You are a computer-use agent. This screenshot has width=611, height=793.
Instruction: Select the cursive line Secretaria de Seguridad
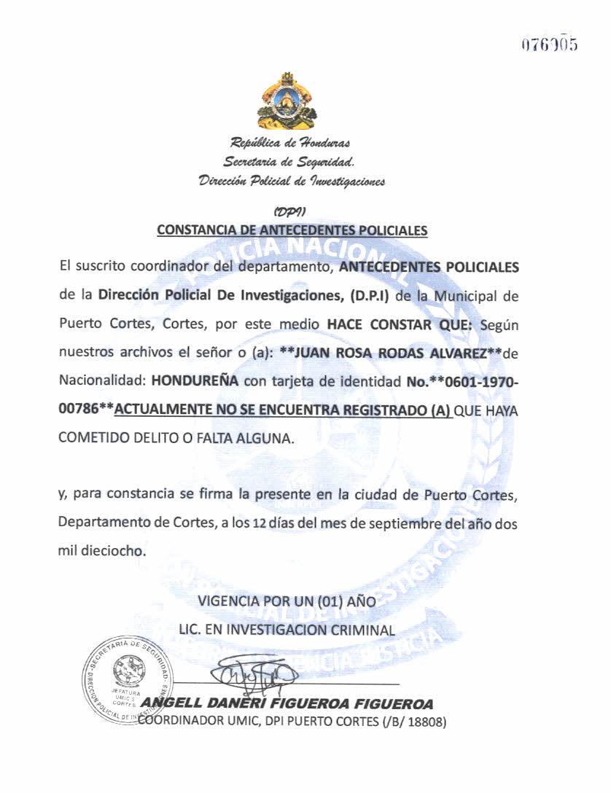[289, 160]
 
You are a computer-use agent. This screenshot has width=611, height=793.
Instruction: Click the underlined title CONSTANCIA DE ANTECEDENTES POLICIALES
[292, 230]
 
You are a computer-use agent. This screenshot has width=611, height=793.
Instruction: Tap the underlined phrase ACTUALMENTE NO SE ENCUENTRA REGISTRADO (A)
[284, 410]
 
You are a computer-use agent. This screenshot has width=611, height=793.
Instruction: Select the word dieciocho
[111, 552]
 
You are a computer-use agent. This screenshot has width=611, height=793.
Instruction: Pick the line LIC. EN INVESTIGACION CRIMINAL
[287, 630]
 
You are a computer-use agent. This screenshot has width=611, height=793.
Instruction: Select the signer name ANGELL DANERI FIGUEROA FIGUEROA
[288, 704]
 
